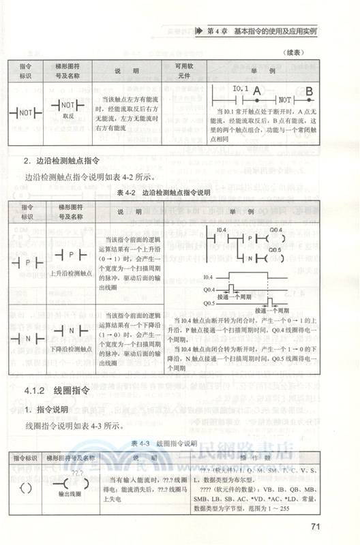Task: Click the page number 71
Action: coord(315,527)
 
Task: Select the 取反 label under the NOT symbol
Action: coord(67,117)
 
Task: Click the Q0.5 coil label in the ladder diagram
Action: coord(275,249)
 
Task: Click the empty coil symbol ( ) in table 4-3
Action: coord(27,487)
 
